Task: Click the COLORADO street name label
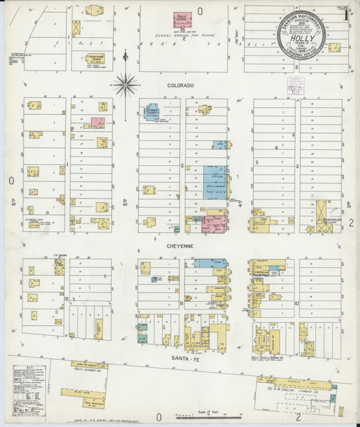click(x=180, y=84)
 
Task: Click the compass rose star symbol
click(x=125, y=85)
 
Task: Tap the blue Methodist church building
click(x=152, y=113)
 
